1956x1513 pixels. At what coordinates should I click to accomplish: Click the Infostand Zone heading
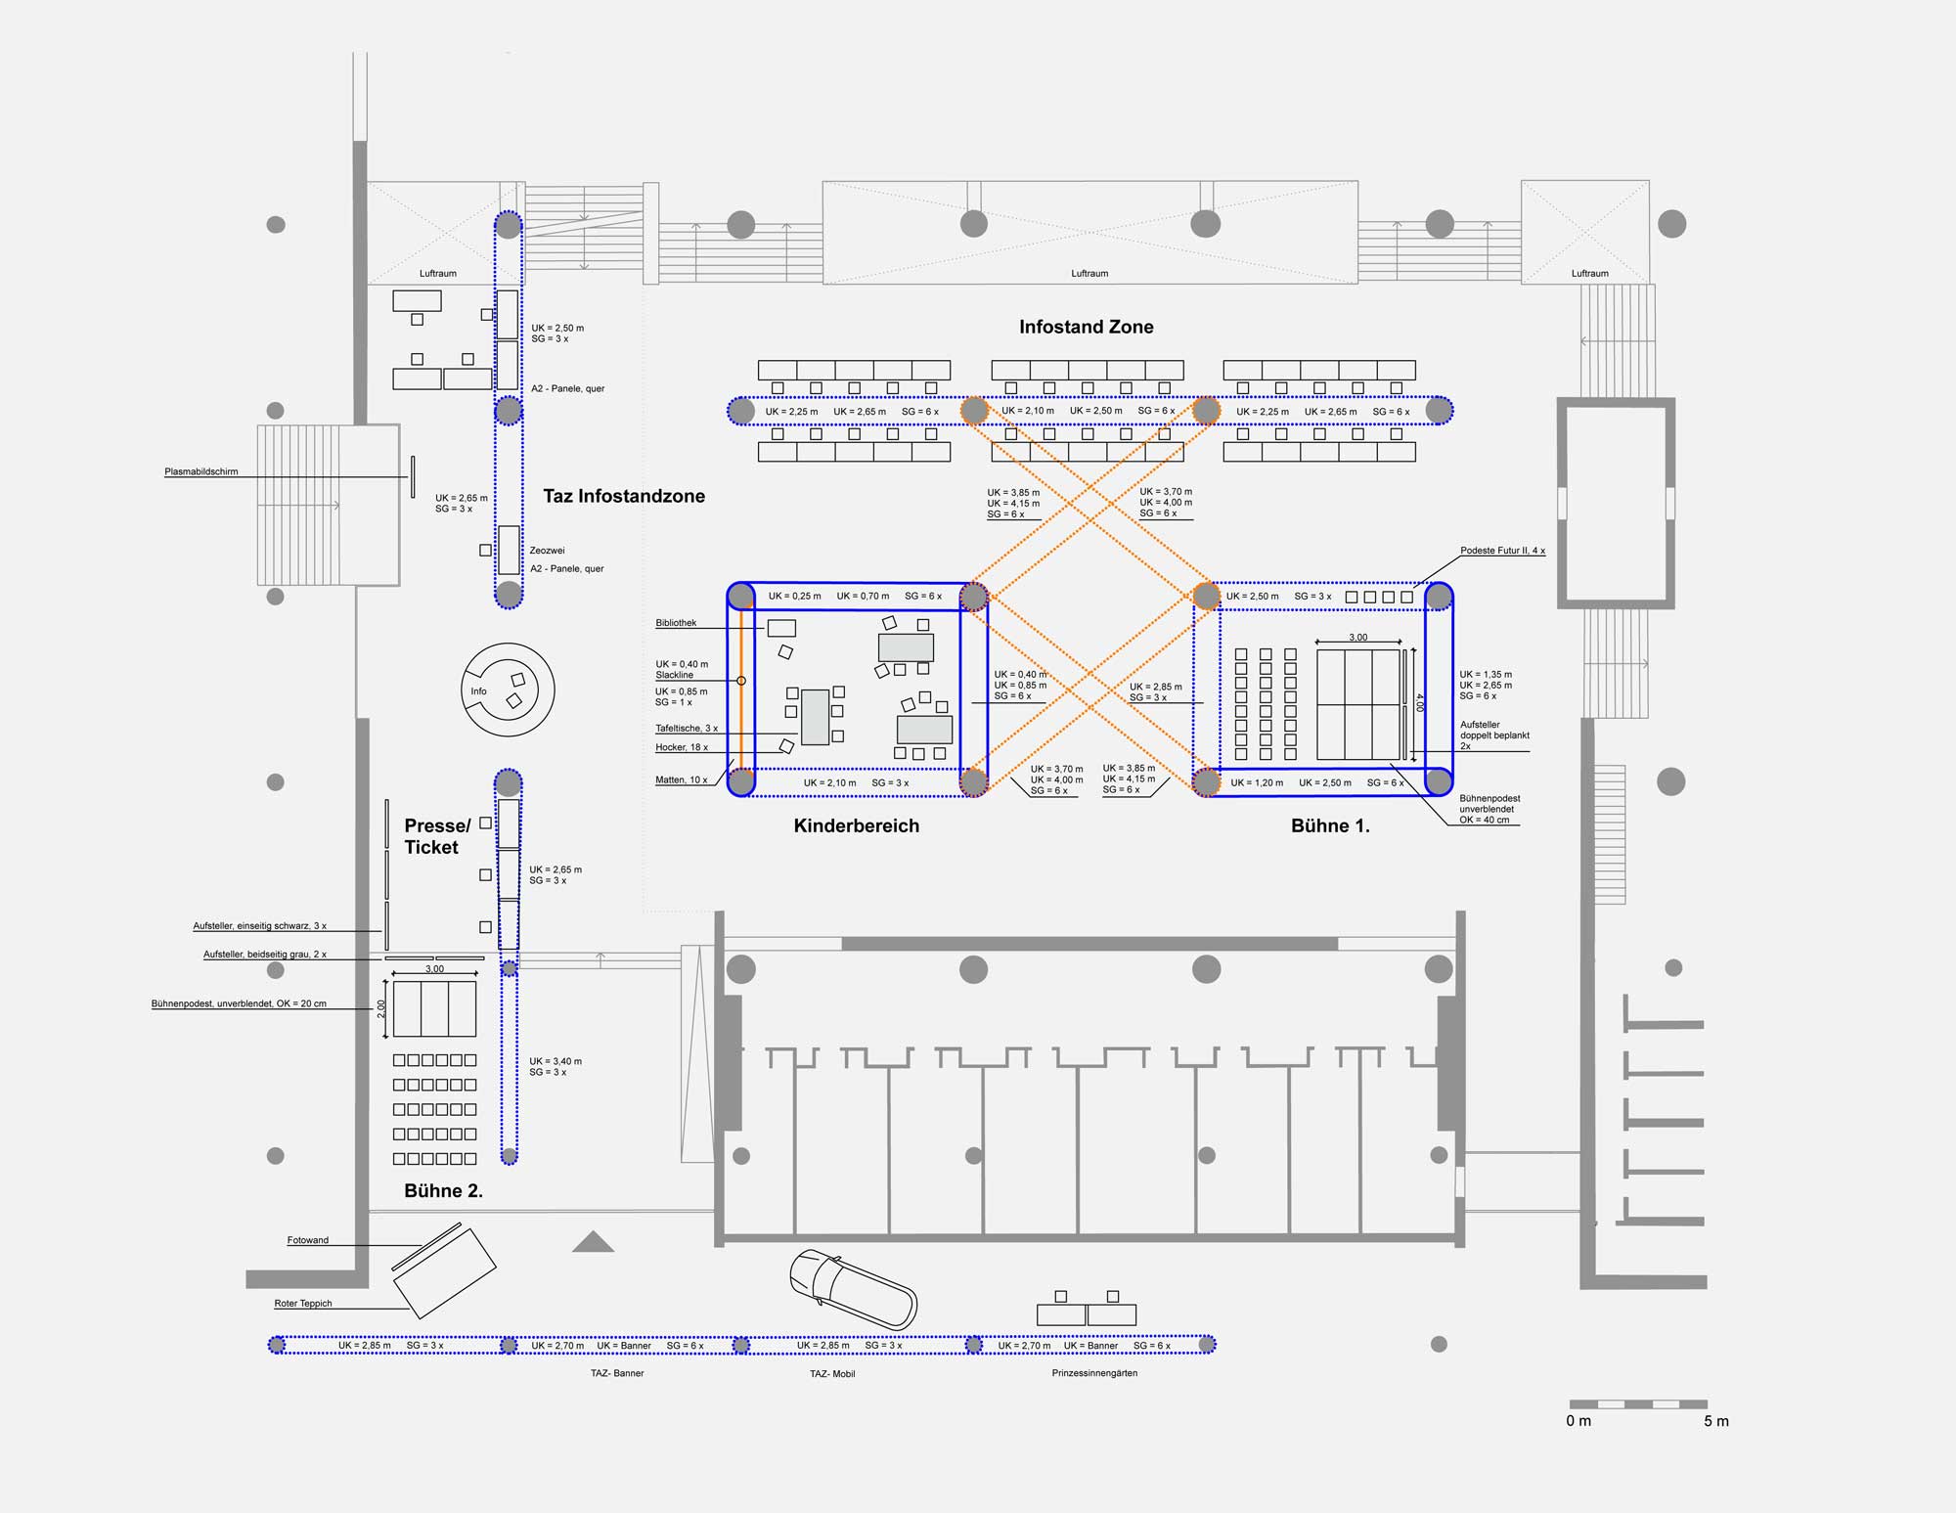[1086, 327]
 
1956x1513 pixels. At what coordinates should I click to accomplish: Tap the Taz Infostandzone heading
[624, 496]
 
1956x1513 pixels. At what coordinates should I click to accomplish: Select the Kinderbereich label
[857, 825]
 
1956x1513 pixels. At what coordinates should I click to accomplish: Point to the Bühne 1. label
[1330, 825]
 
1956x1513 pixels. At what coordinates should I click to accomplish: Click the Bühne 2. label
[444, 1190]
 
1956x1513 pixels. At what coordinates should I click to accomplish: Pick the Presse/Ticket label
[437, 836]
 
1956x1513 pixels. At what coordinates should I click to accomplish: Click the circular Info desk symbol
[508, 690]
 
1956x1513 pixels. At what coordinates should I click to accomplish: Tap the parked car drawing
[853, 1290]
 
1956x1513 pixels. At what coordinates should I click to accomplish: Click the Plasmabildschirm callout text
[201, 471]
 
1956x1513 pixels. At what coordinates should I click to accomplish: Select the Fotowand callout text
[308, 1240]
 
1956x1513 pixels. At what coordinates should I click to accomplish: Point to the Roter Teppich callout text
[303, 1303]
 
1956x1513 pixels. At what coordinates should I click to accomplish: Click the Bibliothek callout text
[676, 623]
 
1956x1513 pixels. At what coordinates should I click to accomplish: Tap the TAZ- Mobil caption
[832, 1373]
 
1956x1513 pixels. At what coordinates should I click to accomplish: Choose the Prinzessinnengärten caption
[1094, 1373]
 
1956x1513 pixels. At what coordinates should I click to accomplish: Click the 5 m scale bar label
[1716, 1421]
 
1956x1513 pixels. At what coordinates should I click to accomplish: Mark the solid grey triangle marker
[593, 1242]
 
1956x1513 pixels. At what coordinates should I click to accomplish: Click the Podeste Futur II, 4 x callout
[1502, 551]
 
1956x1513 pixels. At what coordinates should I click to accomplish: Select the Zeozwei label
[547, 551]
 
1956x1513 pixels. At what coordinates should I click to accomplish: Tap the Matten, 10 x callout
[681, 779]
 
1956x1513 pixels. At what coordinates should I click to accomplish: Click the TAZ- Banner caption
[616, 1373]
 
